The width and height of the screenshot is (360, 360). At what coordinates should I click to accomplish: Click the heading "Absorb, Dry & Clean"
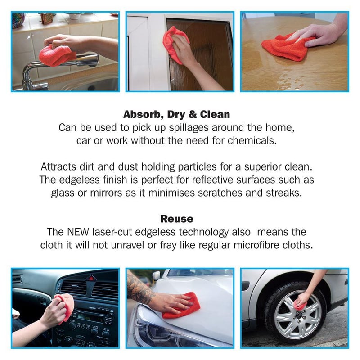click(x=176, y=114)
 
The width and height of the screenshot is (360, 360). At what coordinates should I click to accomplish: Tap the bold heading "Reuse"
click(x=177, y=219)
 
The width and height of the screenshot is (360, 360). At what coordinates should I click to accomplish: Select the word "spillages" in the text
click(x=189, y=128)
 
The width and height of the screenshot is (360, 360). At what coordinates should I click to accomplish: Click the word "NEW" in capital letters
click(x=78, y=232)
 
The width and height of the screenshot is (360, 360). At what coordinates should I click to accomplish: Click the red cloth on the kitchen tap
click(x=56, y=55)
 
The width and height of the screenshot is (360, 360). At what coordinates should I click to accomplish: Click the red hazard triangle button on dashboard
click(x=91, y=278)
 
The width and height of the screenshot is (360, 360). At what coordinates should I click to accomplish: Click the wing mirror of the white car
click(x=157, y=275)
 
